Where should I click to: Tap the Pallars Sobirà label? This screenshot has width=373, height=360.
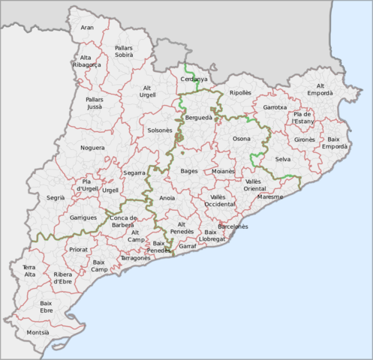124,51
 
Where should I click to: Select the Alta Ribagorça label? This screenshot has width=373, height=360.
86,61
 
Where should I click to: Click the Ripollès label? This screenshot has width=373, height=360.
240,92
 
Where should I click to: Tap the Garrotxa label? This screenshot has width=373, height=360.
275,107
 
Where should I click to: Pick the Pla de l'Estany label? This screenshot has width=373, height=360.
303,117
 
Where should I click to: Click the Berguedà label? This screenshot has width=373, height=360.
197,118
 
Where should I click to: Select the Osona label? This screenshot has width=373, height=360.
241,139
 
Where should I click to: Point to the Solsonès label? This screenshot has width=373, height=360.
160,130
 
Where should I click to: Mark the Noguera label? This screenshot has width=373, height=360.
92,148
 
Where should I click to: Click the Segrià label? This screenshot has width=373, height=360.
55,197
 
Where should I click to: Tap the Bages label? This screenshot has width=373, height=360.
189,171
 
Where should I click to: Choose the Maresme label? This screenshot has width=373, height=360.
269,196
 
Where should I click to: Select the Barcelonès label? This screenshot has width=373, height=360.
232,226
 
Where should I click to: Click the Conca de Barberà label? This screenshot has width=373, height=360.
122,221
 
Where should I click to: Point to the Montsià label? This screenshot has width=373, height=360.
38,331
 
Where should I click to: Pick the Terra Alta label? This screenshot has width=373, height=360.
29,271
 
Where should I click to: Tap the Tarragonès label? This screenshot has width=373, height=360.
135,257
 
